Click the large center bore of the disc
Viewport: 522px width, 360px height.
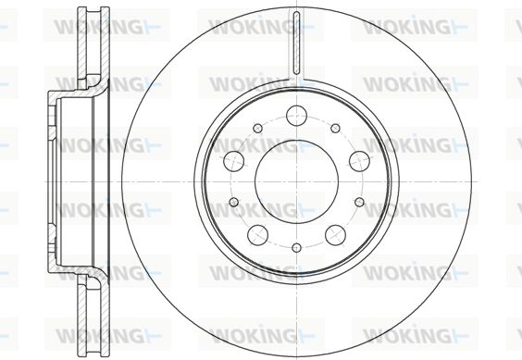coord(296,181)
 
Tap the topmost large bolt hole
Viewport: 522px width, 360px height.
coord(296,116)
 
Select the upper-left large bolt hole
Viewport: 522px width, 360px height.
coord(234,161)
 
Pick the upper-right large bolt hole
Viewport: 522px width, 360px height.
coord(359,161)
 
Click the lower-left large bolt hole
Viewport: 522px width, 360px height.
coord(257,235)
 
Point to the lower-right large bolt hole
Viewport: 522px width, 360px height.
coord(335,235)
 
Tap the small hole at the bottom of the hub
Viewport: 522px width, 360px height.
coord(296,248)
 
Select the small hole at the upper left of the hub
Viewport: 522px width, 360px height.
coord(257,129)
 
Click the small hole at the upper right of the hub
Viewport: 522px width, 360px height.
coord(335,129)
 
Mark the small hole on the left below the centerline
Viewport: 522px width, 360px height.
coord(234,202)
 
